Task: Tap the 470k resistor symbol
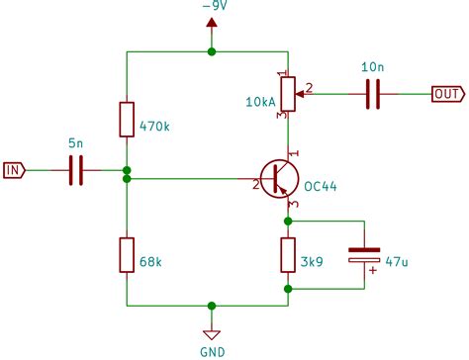click(x=128, y=119)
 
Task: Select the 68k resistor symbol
click(x=128, y=254)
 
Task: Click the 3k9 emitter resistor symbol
click(x=288, y=255)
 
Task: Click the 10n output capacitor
click(x=374, y=94)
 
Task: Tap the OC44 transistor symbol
click(x=280, y=179)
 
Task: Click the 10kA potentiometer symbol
click(x=288, y=94)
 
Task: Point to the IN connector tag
click(x=13, y=171)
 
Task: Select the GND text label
click(x=212, y=350)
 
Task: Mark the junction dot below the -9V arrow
click(x=211, y=50)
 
